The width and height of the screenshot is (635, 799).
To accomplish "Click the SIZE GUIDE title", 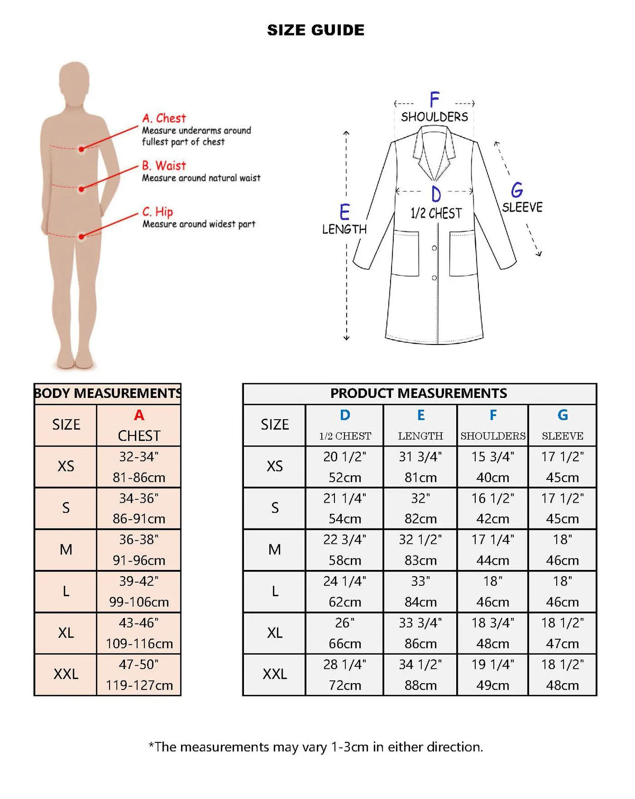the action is (315, 30).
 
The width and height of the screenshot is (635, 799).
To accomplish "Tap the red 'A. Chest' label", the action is (164, 118).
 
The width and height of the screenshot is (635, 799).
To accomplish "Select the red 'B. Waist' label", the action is (164, 166).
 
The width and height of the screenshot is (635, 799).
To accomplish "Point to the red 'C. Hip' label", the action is (158, 212).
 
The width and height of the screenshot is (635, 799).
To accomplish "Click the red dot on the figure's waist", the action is (81, 189).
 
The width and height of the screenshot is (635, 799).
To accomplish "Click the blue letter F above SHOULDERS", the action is (434, 99).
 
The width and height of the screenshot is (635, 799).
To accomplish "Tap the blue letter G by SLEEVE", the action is (517, 190).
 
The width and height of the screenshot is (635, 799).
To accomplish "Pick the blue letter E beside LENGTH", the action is (344, 212).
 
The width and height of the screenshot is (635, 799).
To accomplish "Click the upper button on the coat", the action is (434, 248).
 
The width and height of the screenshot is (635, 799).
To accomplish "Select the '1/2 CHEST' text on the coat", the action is (436, 213).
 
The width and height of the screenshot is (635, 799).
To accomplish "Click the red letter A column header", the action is (139, 415).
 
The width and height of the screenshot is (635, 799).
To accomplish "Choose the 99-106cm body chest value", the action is (139, 602).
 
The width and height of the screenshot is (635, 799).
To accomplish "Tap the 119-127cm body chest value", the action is (139, 685).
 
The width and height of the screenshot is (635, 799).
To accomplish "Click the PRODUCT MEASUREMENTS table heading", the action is (419, 393).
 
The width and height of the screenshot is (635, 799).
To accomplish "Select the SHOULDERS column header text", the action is (493, 436).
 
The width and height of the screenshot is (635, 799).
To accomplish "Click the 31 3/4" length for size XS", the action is (420, 457).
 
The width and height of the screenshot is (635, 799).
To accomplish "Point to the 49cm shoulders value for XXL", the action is (493, 685).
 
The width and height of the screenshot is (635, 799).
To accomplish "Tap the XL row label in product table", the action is (275, 633).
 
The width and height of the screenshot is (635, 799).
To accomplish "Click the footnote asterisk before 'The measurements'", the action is (151, 745).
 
